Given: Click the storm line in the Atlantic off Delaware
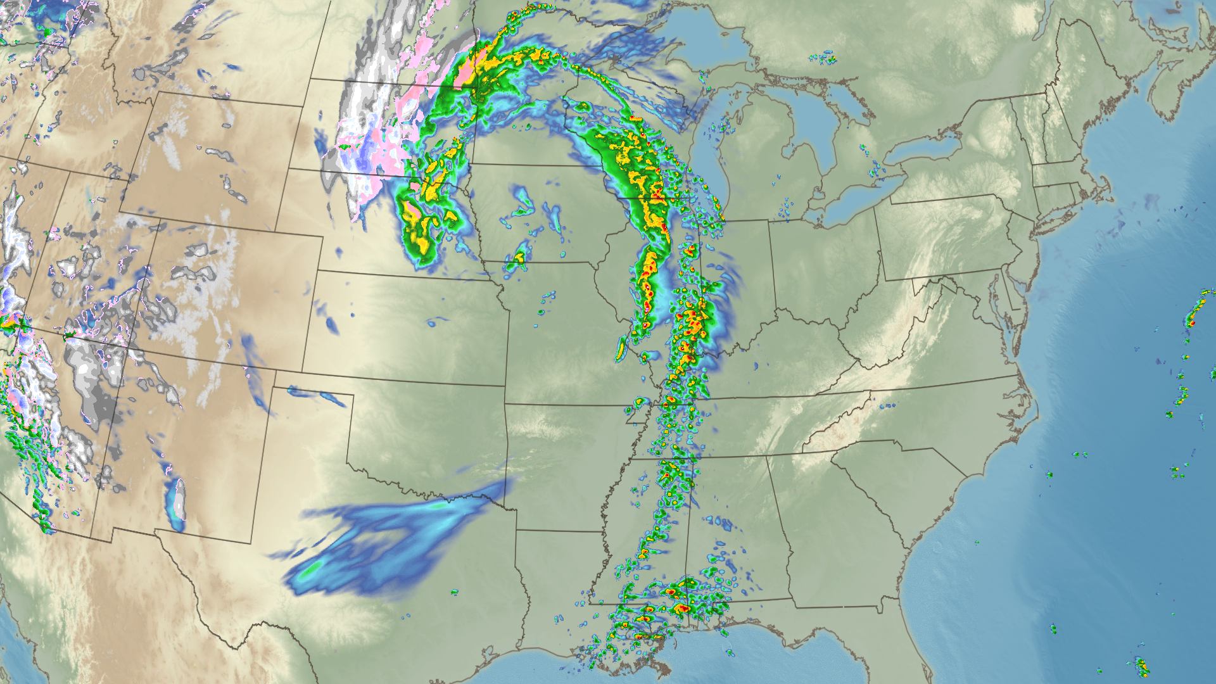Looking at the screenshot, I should (x=1194, y=313).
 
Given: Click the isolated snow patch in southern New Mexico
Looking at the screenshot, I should (x=177, y=500).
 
